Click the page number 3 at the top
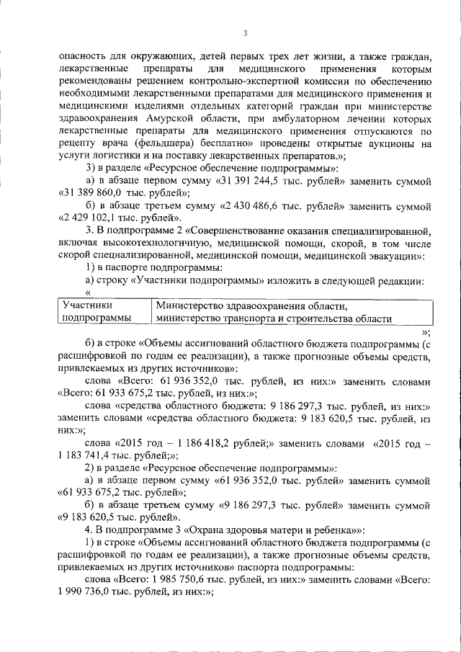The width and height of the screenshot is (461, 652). click(245, 32)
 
